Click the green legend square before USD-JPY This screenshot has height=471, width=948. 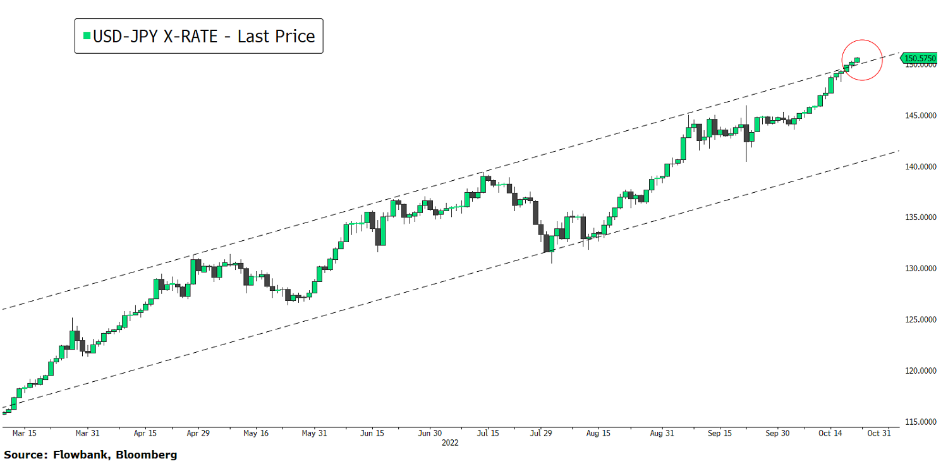pos(87,36)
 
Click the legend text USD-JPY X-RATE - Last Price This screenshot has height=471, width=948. pos(204,36)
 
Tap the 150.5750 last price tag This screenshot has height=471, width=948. pos(920,58)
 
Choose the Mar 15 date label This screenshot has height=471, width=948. pos(24,434)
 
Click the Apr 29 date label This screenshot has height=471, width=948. pos(198,434)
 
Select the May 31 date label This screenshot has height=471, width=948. pos(314,434)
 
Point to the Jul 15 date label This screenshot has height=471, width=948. pos(488,434)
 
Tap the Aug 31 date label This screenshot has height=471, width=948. pos(661,434)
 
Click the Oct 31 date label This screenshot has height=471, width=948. pos(878,434)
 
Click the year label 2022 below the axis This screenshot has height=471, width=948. pos(449,443)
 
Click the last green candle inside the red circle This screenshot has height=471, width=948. pos(857,60)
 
